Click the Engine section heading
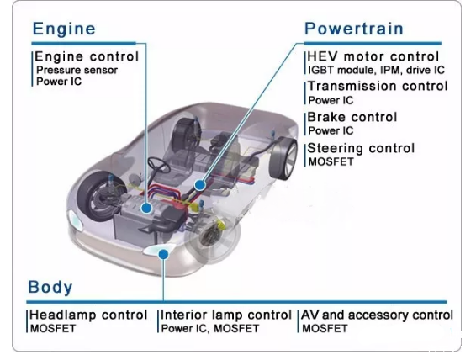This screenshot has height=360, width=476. coord(64,29)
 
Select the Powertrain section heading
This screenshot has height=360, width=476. coord(354,29)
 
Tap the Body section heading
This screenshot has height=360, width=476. coord(50,287)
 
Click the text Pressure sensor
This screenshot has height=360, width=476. coord(77,70)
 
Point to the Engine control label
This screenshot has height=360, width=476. coord(87,56)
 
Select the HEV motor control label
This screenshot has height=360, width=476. coord(373,56)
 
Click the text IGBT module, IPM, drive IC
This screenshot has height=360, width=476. coord(376,70)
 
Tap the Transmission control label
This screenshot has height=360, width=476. coord(378,86)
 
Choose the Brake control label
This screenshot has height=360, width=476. coord(352,117)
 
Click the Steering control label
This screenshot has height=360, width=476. coord(361,148)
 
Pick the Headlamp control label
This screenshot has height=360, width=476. coord(88,315)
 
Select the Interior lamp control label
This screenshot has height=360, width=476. coord(226,315)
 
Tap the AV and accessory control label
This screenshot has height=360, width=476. coord(377,315)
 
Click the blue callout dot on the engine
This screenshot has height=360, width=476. coord(147,208)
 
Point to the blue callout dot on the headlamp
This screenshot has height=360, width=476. coord(164,254)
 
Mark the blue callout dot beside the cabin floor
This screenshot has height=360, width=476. coord(200,185)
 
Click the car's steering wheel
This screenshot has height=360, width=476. coord(159,165)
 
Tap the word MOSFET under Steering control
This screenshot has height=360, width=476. coord(331,161)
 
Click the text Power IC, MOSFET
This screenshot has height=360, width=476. coord(210,328)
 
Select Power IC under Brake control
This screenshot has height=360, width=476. coord(331,131)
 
